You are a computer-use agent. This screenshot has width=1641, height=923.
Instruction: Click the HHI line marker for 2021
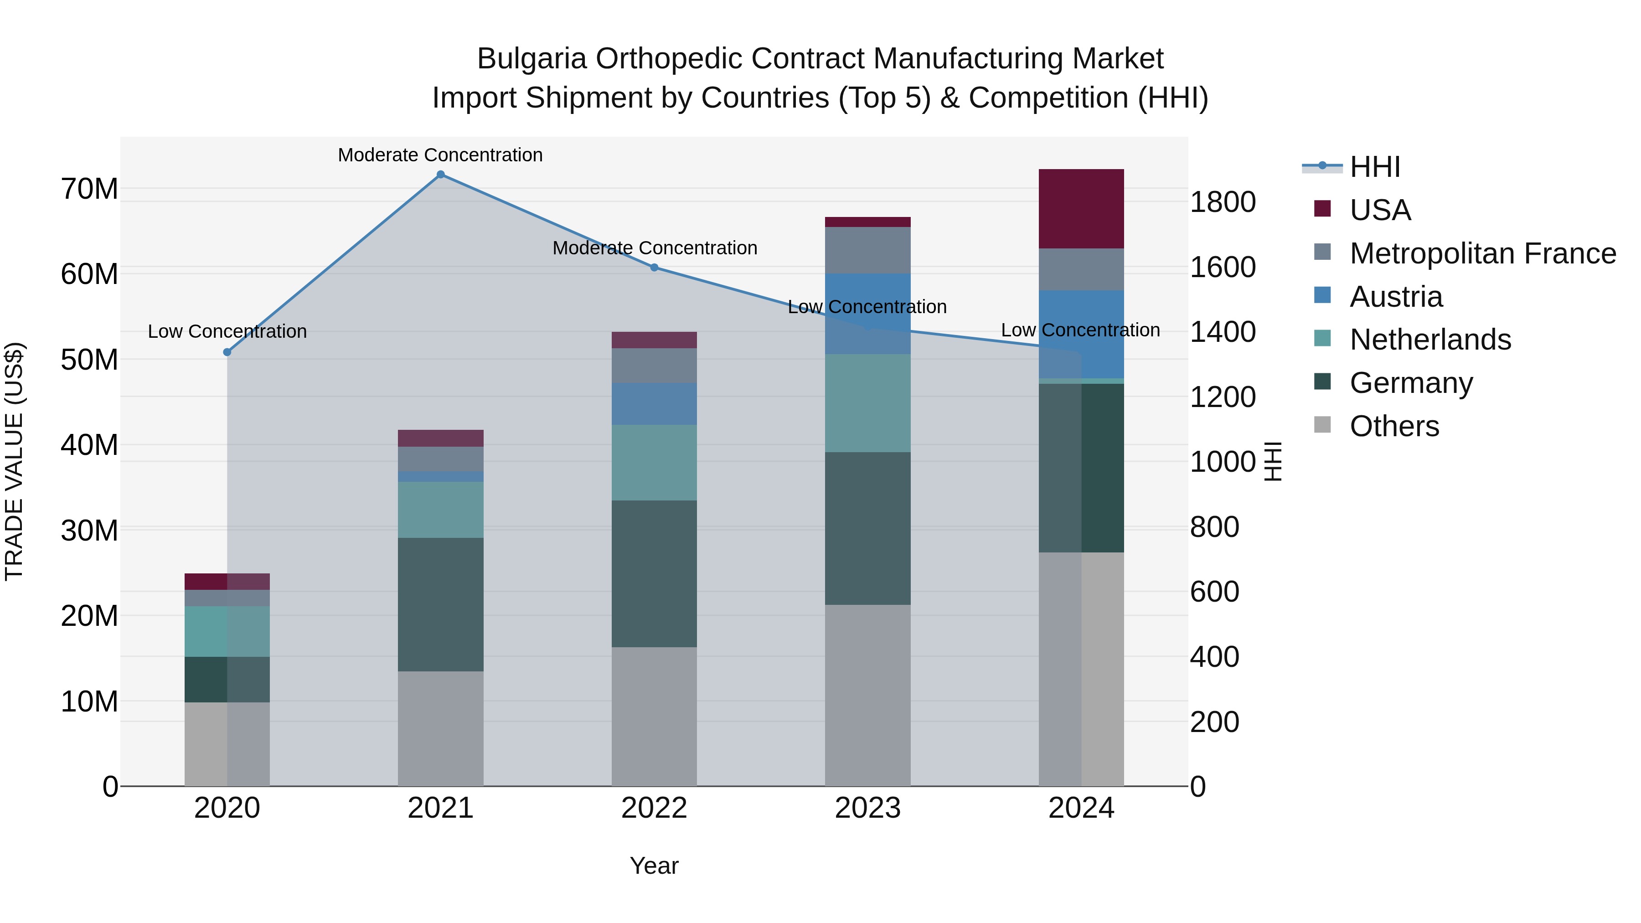pos(440,175)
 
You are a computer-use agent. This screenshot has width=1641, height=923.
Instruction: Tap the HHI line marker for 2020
pos(227,352)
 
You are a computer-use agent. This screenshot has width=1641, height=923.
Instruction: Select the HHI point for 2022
pos(654,268)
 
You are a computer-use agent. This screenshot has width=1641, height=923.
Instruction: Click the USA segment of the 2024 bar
pos(1081,209)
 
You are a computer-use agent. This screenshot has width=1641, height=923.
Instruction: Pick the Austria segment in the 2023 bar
pos(867,314)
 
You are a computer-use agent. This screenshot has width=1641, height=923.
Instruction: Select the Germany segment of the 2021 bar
pos(440,604)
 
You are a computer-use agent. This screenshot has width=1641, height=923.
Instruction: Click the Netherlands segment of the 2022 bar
pos(654,463)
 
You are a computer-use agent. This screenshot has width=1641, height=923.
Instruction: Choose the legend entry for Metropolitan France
pos(1482,253)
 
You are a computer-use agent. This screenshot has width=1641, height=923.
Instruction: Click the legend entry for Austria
pos(1396,297)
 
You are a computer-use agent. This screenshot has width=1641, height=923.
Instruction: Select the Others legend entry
pos(1394,426)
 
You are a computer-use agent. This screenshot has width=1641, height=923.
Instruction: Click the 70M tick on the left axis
pos(89,189)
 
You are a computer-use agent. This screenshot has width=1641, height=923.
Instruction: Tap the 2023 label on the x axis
pos(867,808)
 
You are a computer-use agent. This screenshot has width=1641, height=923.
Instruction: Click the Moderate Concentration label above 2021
pos(440,155)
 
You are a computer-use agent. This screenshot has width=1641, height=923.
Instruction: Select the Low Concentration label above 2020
pos(227,331)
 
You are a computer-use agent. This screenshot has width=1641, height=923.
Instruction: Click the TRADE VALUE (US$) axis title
pos(14,461)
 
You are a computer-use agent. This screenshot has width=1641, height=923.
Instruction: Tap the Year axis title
pos(654,866)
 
